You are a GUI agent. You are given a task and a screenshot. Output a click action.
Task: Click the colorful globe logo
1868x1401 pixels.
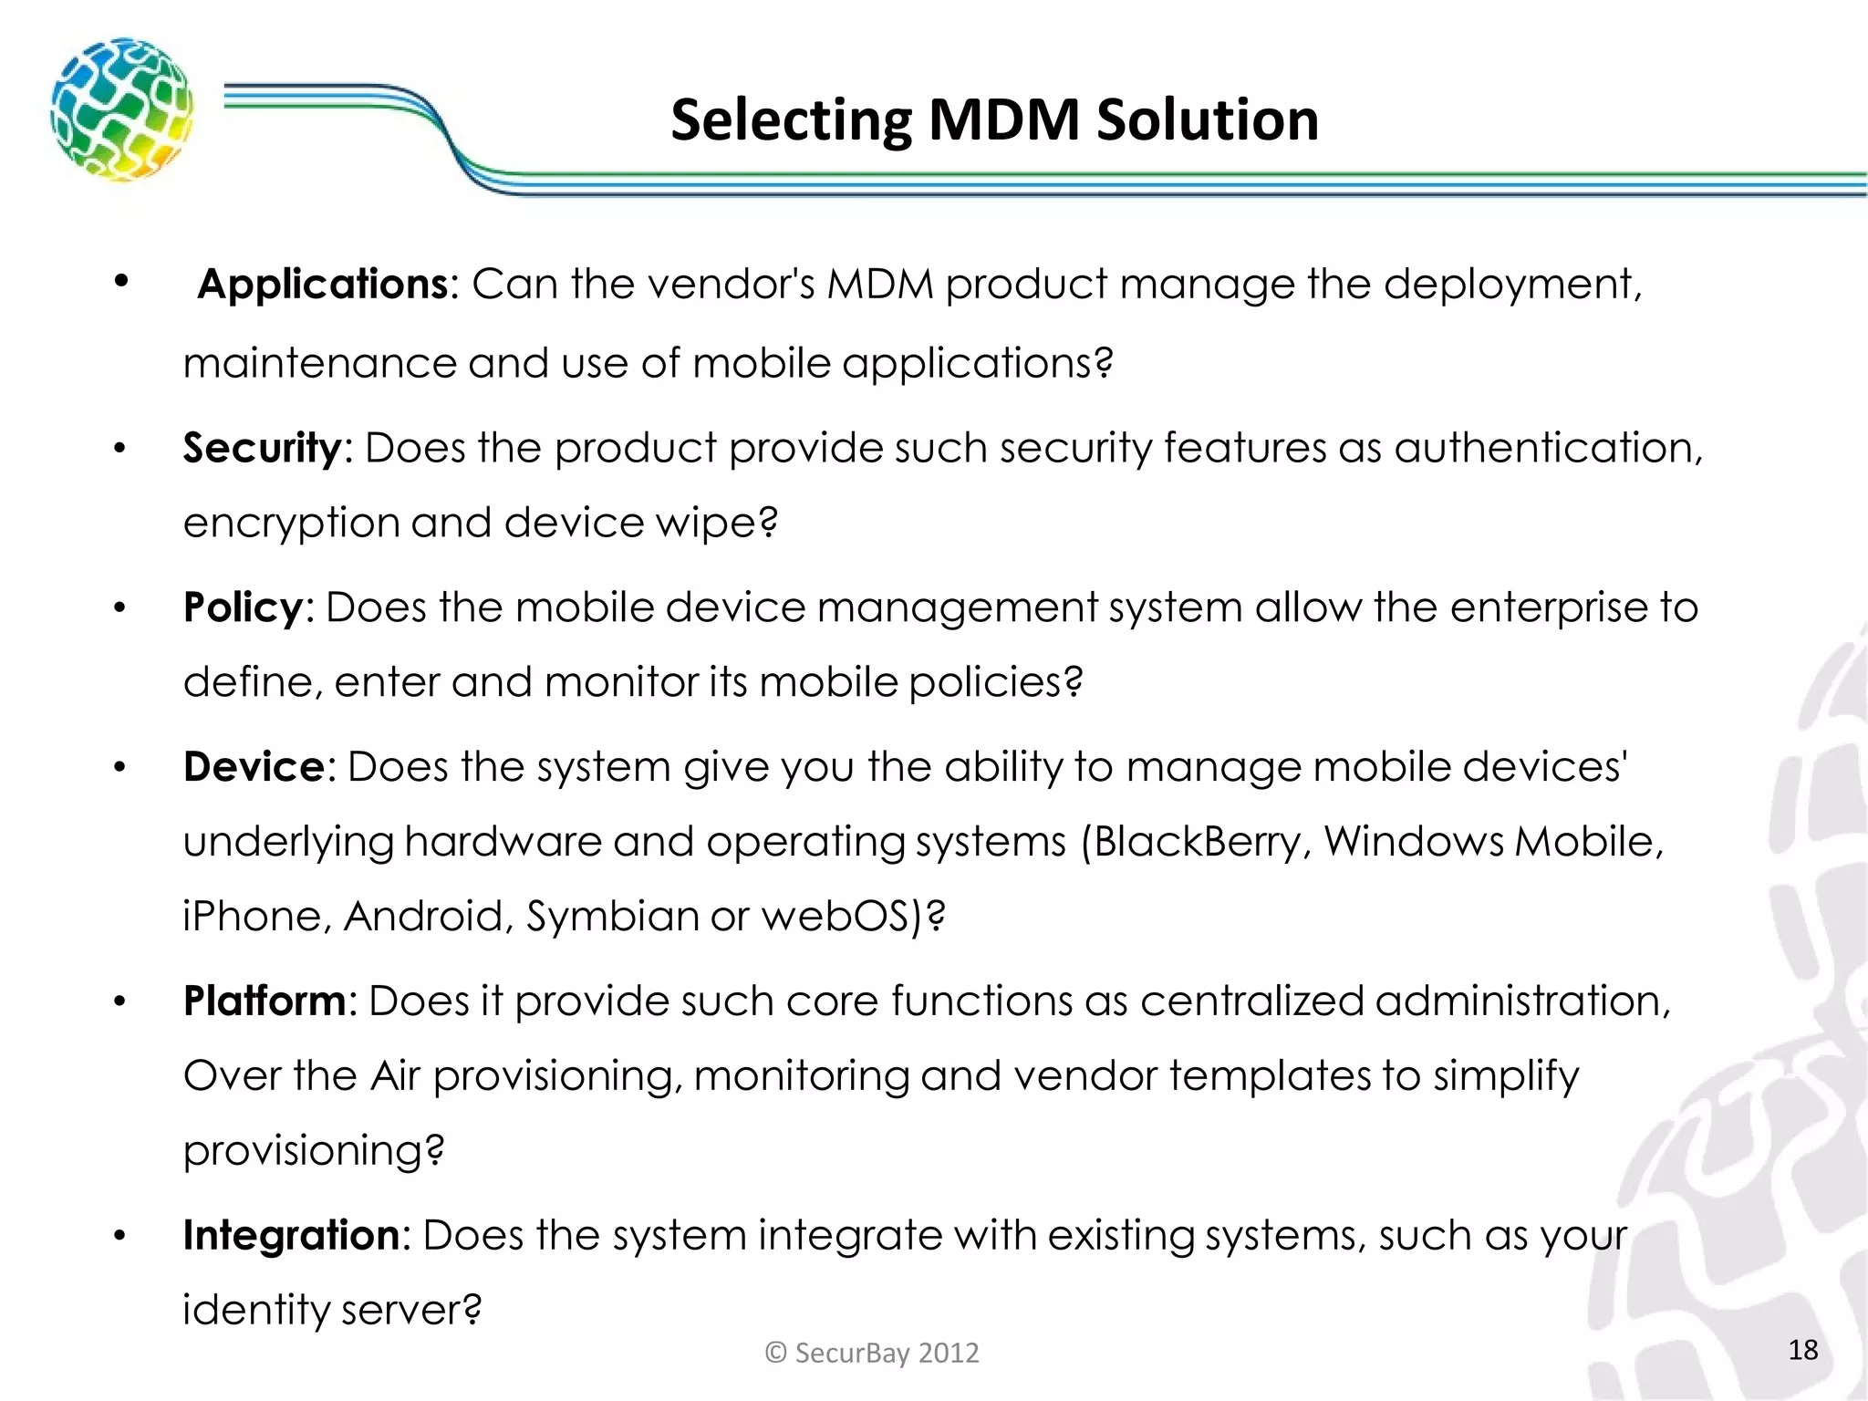[121, 109]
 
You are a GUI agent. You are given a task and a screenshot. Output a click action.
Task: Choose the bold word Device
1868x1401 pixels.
[254, 767]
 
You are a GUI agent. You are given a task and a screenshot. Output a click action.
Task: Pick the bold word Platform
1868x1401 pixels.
[265, 1001]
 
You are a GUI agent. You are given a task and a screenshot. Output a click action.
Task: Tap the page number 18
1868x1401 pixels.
[1802, 1350]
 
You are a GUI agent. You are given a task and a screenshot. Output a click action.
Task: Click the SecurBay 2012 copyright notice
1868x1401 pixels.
[872, 1353]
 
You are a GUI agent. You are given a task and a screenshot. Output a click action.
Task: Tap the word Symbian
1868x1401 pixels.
[612, 917]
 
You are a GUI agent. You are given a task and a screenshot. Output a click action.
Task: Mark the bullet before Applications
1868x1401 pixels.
[120, 282]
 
